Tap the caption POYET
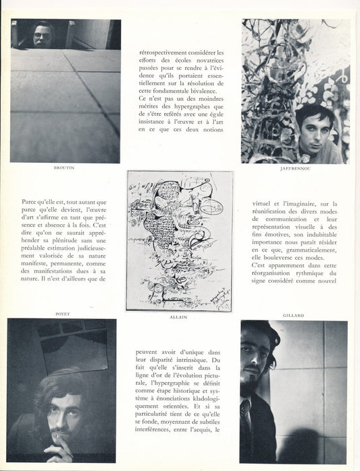pos(65,313)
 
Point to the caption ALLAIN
pos(180,313)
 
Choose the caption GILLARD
pos(293,313)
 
